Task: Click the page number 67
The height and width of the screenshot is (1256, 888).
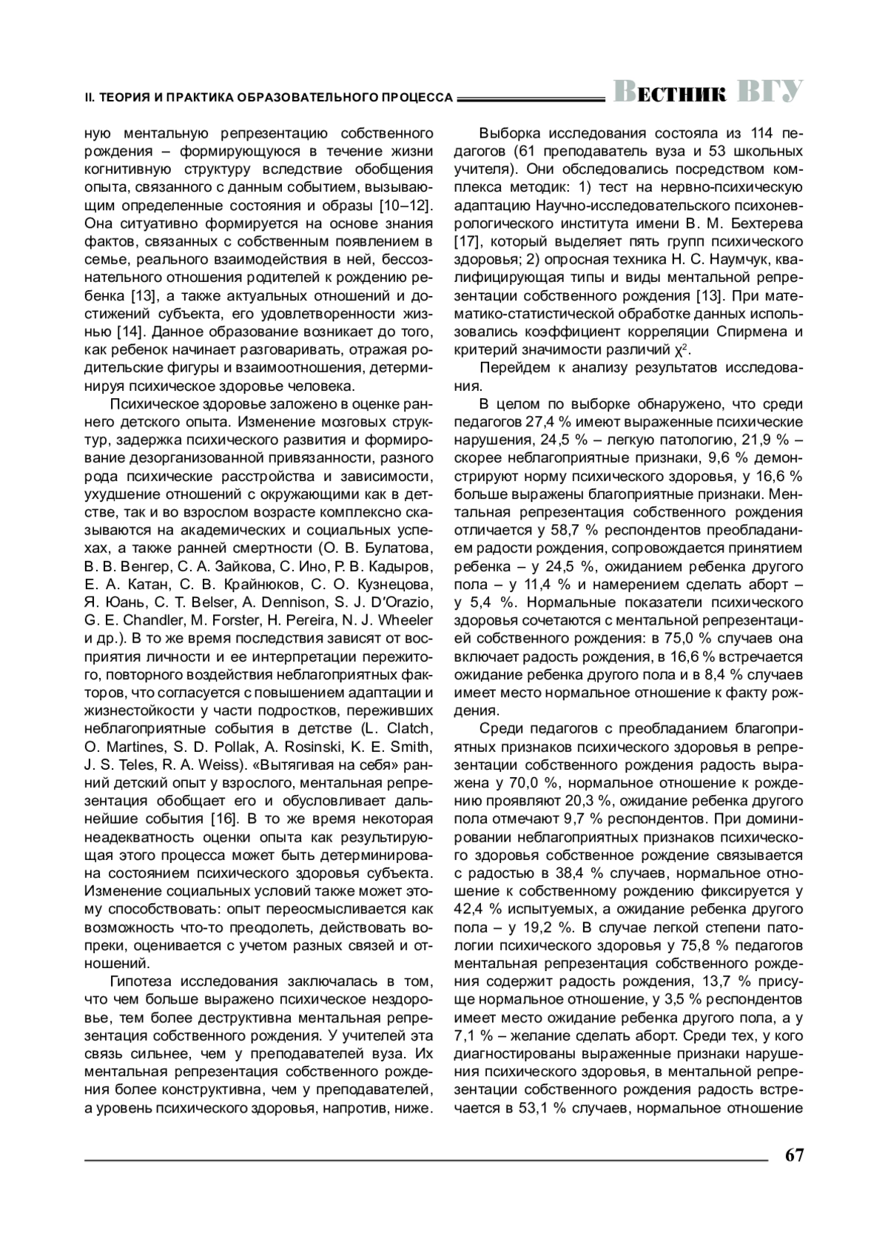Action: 794,1156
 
